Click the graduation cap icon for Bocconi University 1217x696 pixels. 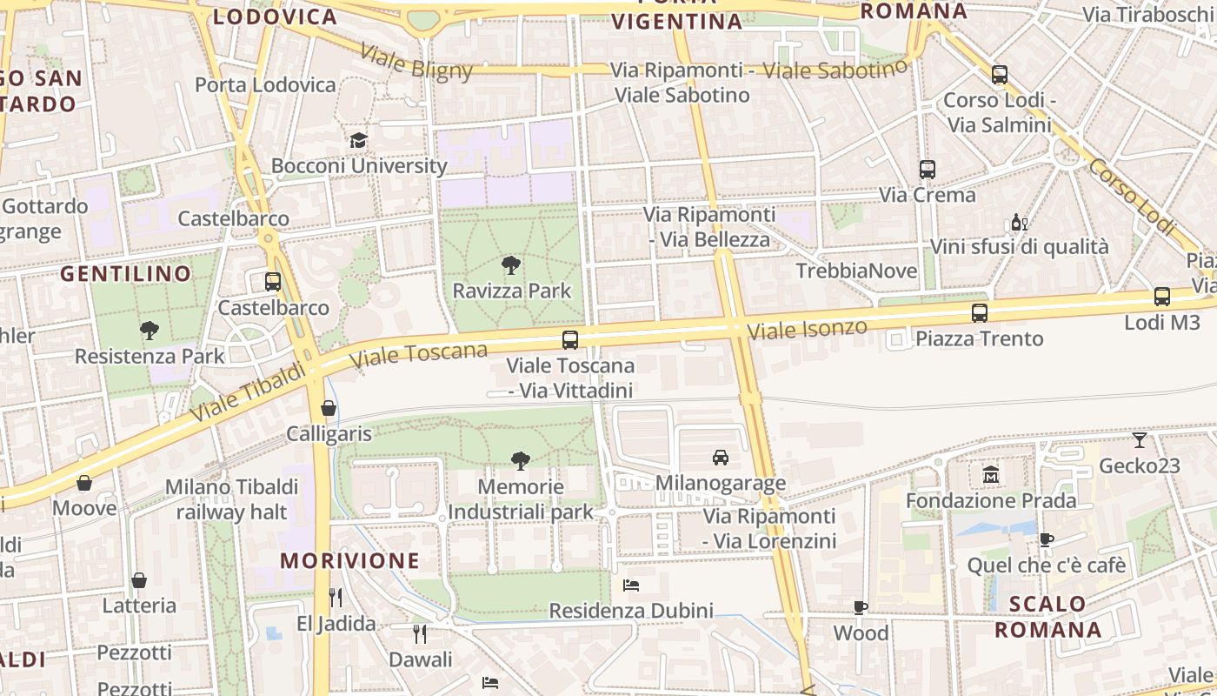click(x=358, y=140)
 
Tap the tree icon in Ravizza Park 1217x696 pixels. click(x=511, y=265)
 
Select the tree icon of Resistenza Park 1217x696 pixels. click(x=150, y=330)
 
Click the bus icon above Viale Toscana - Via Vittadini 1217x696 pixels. click(x=570, y=340)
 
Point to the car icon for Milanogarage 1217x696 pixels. click(x=721, y=457)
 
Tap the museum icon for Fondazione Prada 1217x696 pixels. click(x=990, y=475)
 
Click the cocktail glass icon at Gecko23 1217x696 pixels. click(x=1140, y=440)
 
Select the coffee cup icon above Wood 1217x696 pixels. click(x=861, y=607)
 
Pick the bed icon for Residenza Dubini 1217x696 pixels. click(x=631, y=586)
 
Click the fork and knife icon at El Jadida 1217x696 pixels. click(x=336, y=598)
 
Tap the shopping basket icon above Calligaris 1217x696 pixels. click(x=329, y=407)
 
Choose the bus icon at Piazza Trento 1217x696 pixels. click(x=980, y=313)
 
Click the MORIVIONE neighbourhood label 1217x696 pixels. click(x=350, y=561)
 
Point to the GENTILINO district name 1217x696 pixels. click(x=126, y=274)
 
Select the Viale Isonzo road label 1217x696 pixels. click(x=808, y=329)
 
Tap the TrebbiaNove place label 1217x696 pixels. click(x=856, y=271)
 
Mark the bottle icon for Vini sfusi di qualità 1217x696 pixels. click(x=1019, y=223)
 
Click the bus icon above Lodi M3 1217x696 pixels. click(x=1162, y=297)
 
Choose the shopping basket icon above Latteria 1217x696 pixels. click(x=139, y=580)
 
